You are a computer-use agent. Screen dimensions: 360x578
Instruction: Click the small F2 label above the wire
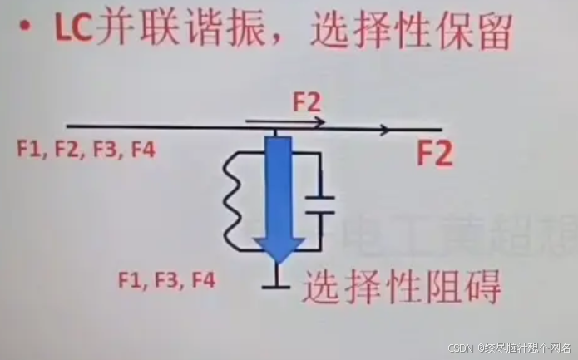pos(306,102)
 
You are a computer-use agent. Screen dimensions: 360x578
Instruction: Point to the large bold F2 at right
pos(434,155)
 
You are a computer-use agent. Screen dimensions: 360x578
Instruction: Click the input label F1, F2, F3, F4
pos(85,150)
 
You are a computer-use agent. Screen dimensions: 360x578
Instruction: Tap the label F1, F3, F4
pos(167,280)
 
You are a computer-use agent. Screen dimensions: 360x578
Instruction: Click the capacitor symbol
pos(316,205)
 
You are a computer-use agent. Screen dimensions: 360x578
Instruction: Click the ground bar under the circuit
pos(274,288)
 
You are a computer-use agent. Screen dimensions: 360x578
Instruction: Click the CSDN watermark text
pos(460,348)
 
